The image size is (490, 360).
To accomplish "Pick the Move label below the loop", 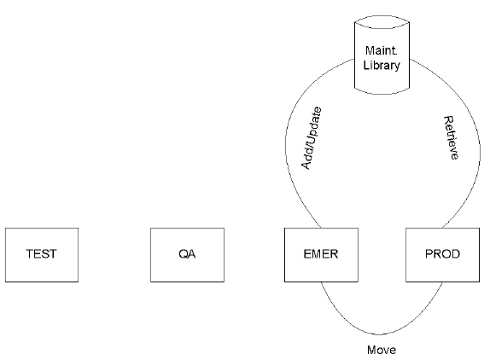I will coord(382,349).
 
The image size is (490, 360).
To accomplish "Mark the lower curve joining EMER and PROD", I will coord(382,332).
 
